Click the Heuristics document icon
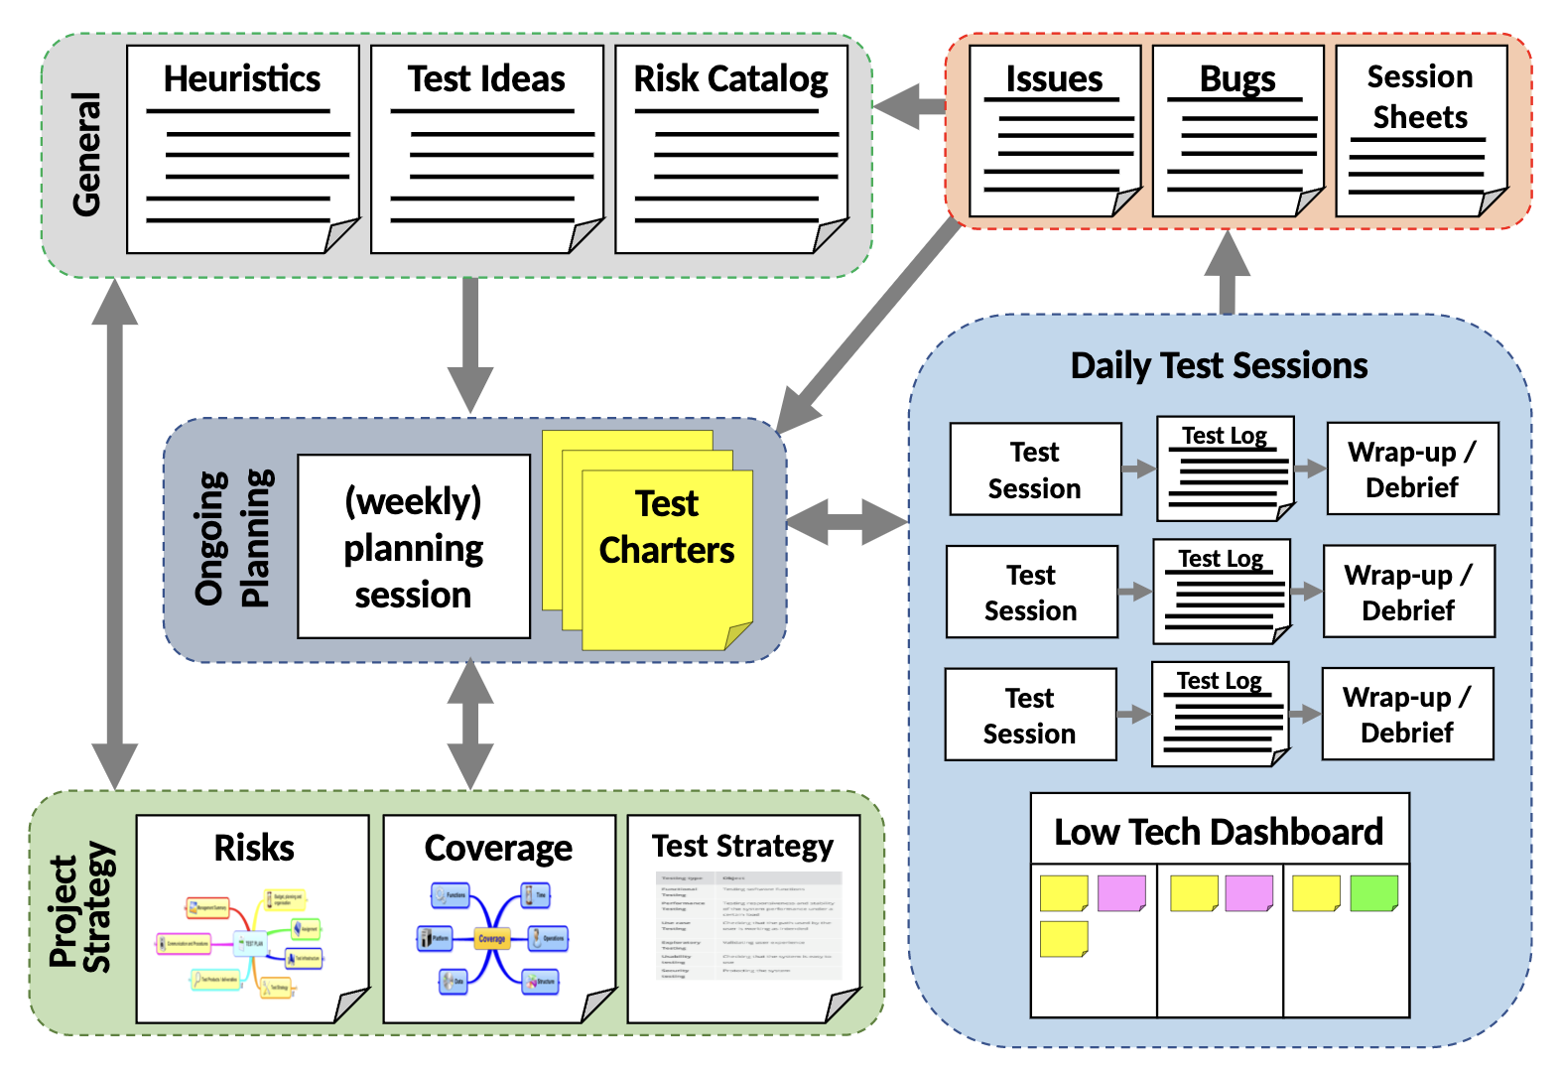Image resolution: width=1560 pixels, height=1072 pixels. point(242,149)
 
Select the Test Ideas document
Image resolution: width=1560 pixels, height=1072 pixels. point(486,149)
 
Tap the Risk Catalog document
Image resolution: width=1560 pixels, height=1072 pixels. point(730,149)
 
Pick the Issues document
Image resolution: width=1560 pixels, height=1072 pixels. point(1054,131)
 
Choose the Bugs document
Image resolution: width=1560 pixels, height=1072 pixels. point(1237,131)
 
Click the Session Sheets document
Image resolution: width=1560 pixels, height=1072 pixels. point(1420,131)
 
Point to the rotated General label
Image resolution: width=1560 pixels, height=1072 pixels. point(87,154)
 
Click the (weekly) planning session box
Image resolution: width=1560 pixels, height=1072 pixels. point(414,547)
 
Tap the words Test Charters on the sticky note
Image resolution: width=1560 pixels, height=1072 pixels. point(667,527)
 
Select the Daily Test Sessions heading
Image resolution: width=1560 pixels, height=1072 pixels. point(1219,365)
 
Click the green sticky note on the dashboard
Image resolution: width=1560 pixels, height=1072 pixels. point(1373,892)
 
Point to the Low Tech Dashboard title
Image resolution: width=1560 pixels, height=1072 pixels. point(1219,831)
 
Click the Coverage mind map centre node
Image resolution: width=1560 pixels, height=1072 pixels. point(492,938)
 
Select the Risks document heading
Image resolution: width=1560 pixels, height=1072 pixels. point(254,848)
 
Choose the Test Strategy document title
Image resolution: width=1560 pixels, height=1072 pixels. point(742,846)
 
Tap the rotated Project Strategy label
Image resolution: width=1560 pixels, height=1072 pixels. point(81,910)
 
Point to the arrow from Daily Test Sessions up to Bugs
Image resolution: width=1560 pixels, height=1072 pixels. point(1228,272)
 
